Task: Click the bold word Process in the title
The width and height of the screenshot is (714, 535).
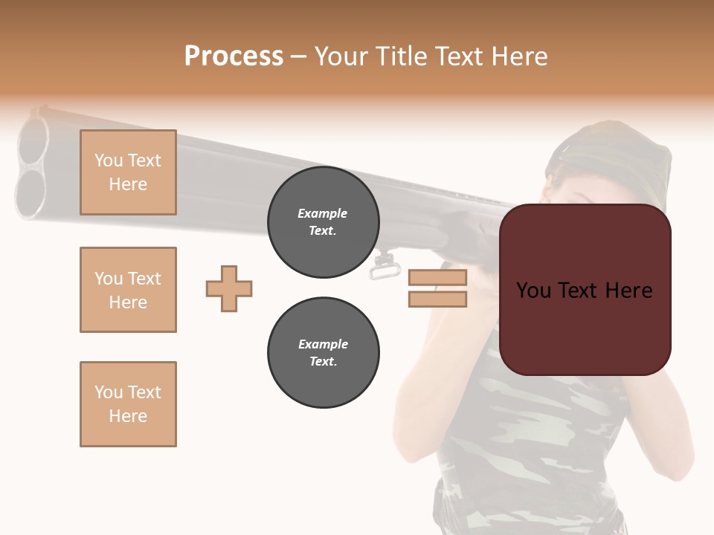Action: tap(234, 56)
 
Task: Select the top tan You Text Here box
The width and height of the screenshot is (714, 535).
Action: tap(128, 172)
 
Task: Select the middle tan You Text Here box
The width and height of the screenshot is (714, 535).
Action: tap(128, 290)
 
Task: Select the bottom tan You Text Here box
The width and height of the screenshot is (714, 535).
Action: tap(128, 404)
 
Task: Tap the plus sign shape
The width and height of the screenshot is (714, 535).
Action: tap(229, 288)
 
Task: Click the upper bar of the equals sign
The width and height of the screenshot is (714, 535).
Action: tap(437, 278)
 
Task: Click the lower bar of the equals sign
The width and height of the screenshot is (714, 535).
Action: tap(437, 299)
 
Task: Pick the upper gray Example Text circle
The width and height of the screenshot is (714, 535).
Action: tap(323, 222)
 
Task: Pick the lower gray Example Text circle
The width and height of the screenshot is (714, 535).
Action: tap(323, 353)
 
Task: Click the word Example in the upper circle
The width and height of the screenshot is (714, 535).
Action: tap(323, 213)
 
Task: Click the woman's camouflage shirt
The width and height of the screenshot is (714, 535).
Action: tap(521, 438)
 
